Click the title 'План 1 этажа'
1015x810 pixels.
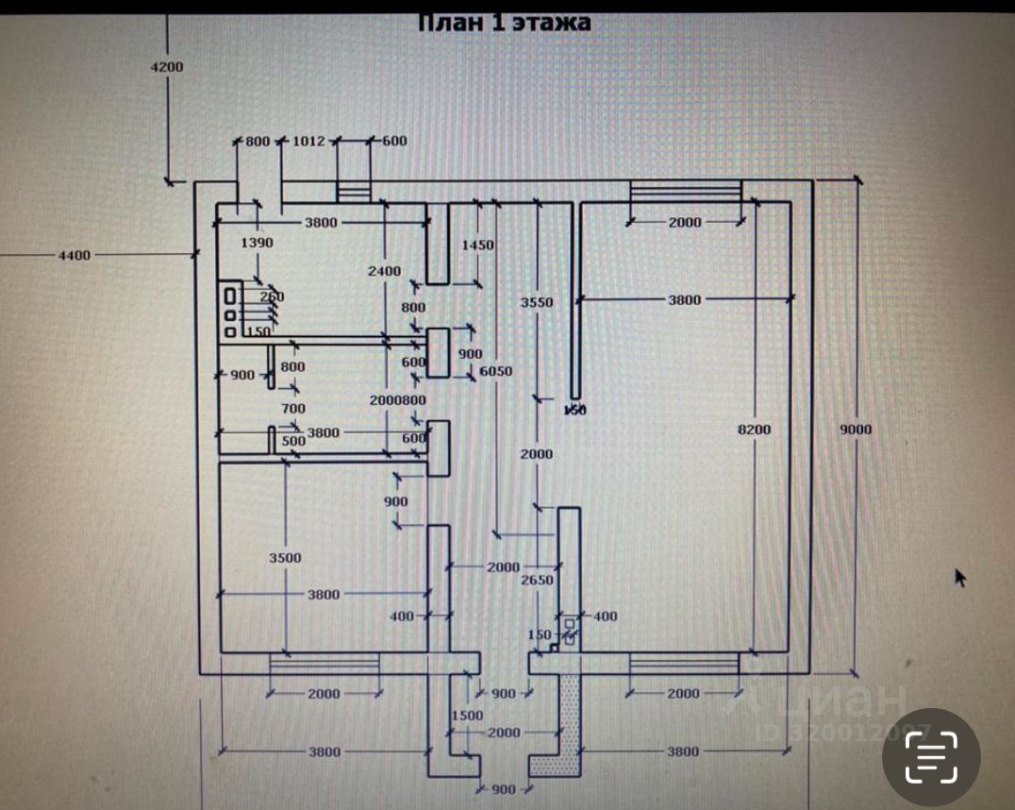[504, 23]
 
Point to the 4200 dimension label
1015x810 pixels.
[167, 66]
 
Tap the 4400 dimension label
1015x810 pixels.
[74, 255]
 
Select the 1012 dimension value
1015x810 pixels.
[308, 142]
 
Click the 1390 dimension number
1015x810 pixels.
[257, 243]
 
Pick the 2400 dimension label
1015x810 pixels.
[385, 271]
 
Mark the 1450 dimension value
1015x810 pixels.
[477, 245]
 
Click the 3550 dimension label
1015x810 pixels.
[536, 302]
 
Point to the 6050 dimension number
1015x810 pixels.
[495, 371]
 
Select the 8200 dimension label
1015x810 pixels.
[754, 430]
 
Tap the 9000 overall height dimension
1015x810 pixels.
[856, 430]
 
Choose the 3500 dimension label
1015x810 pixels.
[284, 557]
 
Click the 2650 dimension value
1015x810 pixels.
[538, 580]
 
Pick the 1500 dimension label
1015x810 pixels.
[467, 715]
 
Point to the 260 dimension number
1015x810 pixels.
[272, 296]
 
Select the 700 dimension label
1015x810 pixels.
[293, 409]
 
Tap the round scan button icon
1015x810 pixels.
[931, 757]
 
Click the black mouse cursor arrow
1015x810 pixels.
[960, 577]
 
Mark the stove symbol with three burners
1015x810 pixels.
[229, 311]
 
